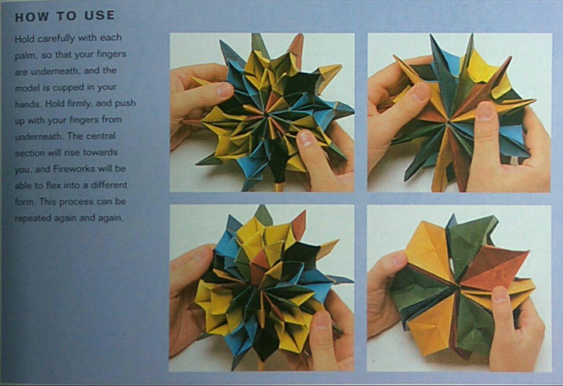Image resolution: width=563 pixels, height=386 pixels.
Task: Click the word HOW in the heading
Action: (32, 17)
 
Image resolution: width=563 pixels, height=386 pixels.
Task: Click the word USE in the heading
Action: (99, 15)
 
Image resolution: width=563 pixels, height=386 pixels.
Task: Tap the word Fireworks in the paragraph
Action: (74, 169)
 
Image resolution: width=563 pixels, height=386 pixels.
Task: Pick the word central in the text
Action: (101, 136)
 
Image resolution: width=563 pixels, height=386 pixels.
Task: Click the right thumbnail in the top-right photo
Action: (484, 112)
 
